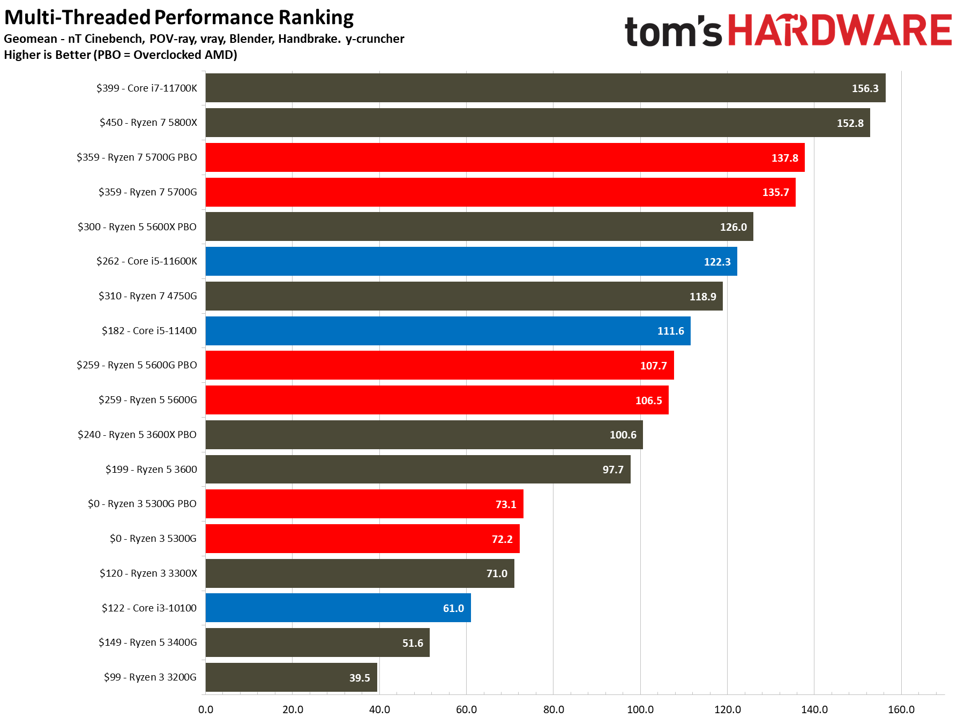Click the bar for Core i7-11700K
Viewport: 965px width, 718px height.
click(x=545, y=88)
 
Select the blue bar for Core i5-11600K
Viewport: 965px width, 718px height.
click(x=471, y=261)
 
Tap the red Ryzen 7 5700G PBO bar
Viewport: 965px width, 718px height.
click(x=505, y=157)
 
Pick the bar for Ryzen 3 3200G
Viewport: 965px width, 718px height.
click(x=291, y=677)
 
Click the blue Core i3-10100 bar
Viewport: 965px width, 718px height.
click(x=338, y=608)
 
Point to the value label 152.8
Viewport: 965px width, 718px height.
click(x=850, y=123)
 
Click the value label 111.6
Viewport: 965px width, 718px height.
click(x=670, y=331)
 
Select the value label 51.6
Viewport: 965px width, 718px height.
click(x=413, y=643)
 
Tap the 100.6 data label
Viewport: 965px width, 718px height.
click(x=623, y=435)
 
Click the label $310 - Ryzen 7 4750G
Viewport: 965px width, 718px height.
click(x=147, y=296)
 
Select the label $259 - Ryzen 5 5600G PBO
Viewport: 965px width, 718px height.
click(x=137, y=365)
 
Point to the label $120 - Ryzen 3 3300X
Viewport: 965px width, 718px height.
click(x=148, y=573)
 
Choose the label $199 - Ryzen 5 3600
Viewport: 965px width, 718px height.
click(x=151, y=470)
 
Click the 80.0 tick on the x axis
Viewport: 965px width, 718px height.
click(x=553, y=709)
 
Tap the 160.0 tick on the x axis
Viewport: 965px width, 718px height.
click(x=901, y=709)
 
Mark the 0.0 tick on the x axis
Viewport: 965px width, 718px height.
click(x=206, y=709)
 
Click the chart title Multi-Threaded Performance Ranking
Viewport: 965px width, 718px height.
click(x=179, y=17)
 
